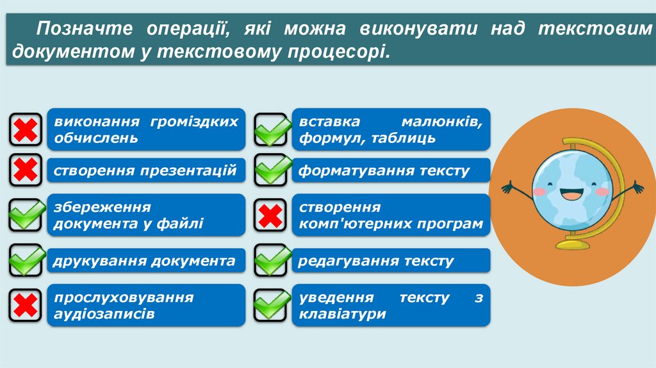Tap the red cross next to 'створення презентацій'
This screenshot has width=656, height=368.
(25, 171)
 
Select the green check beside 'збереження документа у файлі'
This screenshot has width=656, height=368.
(26, 214)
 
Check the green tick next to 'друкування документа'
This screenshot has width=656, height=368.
(26, 260)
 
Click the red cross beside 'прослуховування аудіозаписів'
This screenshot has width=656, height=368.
(25, 305)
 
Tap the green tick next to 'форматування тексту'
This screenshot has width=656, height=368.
(272, 171)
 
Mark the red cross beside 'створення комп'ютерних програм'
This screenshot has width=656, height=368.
(272, 215)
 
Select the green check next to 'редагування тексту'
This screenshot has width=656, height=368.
(272, 260)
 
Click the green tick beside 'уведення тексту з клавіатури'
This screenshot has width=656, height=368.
(272, 305)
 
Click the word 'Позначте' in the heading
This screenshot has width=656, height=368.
(75, 29)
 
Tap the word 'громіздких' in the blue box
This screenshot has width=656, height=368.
(196, 121)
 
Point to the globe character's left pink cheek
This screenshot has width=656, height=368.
(540, 190)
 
